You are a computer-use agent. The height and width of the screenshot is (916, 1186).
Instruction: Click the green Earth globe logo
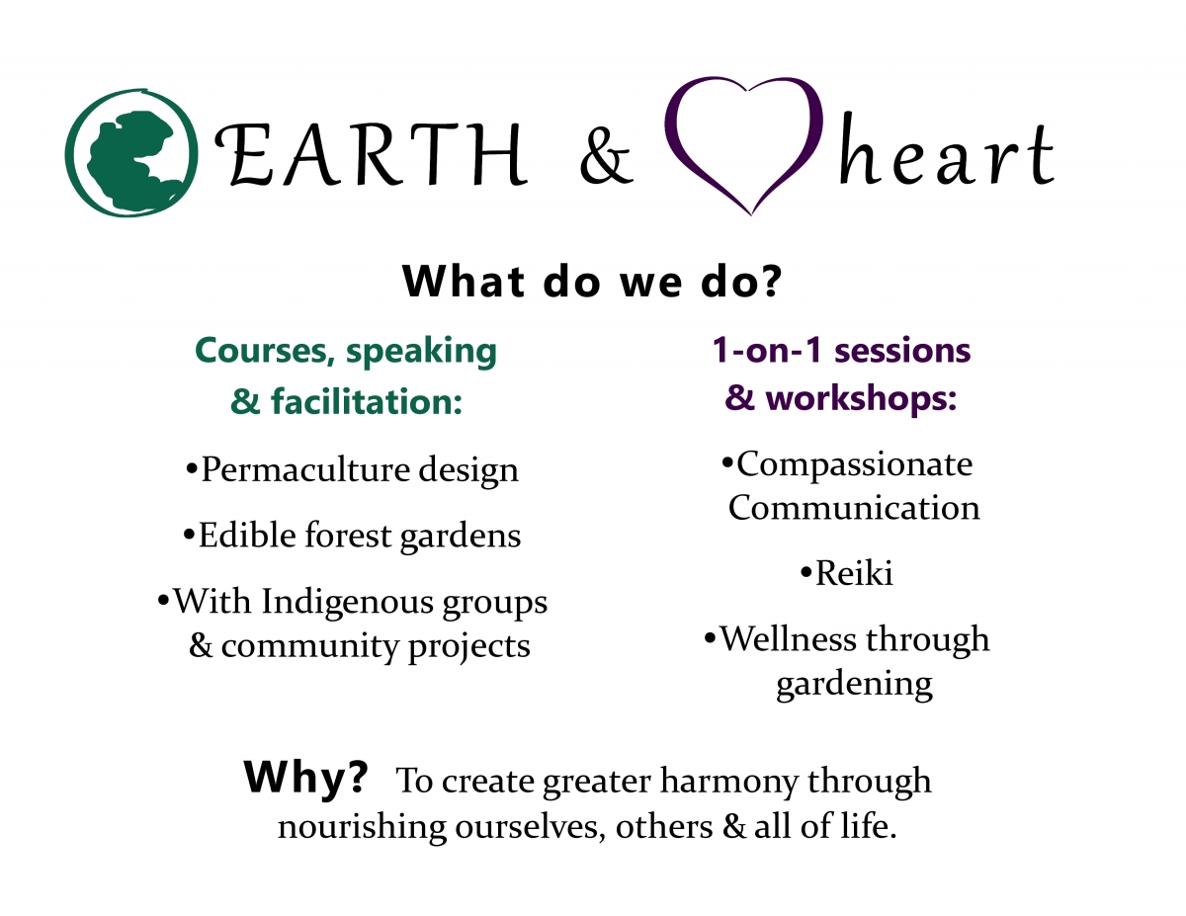(127, 153)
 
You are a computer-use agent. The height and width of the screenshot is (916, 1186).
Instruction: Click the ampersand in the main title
(605, 158)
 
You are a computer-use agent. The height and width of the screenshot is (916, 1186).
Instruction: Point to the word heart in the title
(945, 156)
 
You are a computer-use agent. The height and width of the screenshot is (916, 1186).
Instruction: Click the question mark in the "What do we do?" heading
(770, 283)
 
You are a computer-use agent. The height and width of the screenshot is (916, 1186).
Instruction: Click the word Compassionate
(855, 463)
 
